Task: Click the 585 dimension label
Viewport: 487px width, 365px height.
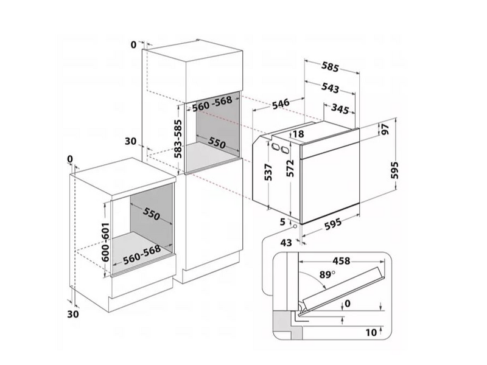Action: pos(330,66)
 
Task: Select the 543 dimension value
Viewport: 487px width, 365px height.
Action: pos(330,88)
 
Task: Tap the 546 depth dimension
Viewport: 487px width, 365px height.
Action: pos(281,103)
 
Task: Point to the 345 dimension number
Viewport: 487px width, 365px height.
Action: pos(340,108)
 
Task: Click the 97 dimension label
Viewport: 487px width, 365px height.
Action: pos(385,129)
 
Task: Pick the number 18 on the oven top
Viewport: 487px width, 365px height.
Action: pos(298,134)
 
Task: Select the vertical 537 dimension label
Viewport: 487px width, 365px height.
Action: pos(268,172)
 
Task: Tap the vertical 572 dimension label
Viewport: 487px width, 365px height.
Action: pos(290,169)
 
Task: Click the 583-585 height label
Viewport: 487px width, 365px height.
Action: pos(178,139)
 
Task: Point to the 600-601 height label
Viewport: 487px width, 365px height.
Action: pos(105,242)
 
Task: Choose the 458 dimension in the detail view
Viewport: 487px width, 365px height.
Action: pos(342,261)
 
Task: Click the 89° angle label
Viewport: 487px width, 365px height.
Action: pos(328,275)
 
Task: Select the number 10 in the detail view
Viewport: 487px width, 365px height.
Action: pos(371,332)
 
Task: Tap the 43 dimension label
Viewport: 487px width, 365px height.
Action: pos(286,242)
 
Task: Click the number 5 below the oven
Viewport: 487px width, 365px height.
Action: pos(282,222)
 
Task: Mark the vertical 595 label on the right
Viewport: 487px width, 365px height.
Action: pos(394,170)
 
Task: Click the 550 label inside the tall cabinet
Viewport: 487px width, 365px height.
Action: pos(217,143)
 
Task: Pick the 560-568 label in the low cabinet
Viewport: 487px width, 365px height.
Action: pos(142,255)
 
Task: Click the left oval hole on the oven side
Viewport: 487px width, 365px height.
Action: pos(275,146)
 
